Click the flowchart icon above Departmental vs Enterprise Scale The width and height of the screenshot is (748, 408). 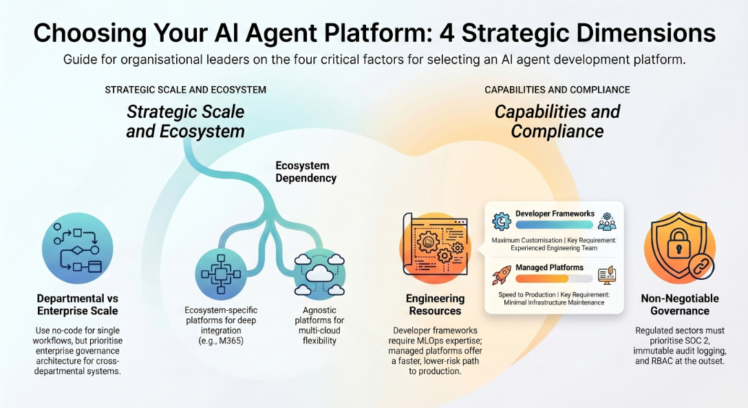pyautogui.click(x=77, y=248)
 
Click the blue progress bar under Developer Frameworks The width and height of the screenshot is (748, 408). pyautogui.click(x=554, y=225)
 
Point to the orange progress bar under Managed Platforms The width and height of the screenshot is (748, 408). pyautogui.click(x=542, y=278)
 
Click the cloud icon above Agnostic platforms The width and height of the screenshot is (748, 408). pyautogui.click(x=319, y=274)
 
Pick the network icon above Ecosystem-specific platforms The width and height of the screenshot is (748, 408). pyautogui.click(x=221, y=274)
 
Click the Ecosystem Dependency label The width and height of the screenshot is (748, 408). pyautogui.click(x=306, y=172)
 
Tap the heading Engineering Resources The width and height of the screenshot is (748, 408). pyautogui.click(x=435, y=305)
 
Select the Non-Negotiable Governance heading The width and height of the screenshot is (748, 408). pyautogui.click(x=680, y=305)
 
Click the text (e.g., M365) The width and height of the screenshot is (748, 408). pyautogui.click(x=221, y=340)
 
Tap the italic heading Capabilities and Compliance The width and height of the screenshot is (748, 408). pyautogui.click(x=557, y=121)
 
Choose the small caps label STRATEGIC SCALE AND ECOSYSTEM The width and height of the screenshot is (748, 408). pyautogui.click(x=186, y=90)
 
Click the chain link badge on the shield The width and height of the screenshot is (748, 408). pyautogui.click(x=701, y=267)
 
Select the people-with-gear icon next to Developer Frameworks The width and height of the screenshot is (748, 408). pyautogui.click(x=607, y=222)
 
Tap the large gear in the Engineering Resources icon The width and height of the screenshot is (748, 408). pyautogui.click(x=428, y=241)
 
